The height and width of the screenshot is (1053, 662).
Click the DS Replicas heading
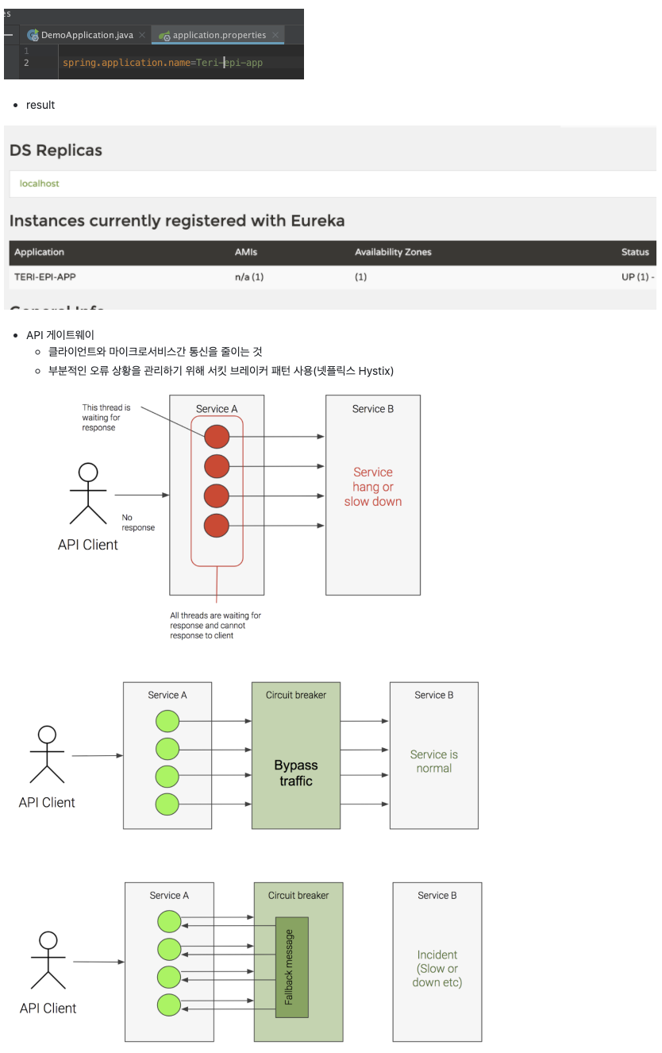coord(56,150)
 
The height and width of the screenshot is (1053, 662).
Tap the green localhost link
coord(40,183)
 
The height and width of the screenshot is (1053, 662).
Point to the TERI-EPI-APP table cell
coord(45,277)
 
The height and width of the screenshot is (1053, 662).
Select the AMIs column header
coord(246,252)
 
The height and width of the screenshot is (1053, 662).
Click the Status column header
coord(635,252)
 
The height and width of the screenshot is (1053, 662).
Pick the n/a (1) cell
coord(249,277)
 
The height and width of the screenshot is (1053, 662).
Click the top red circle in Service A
coord(217,437)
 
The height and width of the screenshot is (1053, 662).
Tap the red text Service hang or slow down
coord(373,487)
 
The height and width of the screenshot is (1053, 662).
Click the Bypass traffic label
coord(296,773)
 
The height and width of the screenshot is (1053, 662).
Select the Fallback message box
coord(291,967)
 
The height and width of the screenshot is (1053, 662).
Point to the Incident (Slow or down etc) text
coord(437,969)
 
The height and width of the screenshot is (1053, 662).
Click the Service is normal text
coord(434,762)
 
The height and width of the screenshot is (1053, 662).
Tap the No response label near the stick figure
coord(138,522)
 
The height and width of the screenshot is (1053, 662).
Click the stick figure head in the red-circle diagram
coord(88,472)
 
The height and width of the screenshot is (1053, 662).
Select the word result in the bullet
coord(40,105)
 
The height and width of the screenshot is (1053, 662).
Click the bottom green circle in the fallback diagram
coord(169,1005)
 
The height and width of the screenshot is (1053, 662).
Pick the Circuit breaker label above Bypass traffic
coord(296,695)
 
